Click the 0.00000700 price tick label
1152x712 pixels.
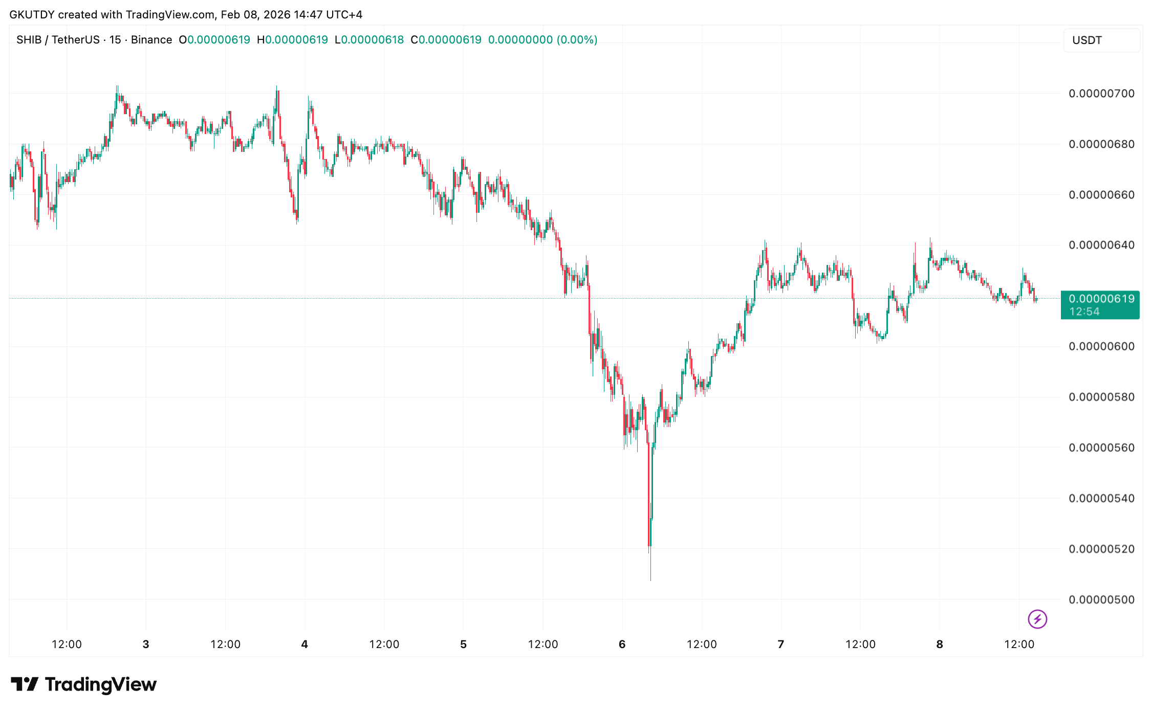[x=1101, y=94]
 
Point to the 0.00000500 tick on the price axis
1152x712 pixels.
[x=1101, y=599]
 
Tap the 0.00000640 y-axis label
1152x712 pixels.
[x=1101, y=245]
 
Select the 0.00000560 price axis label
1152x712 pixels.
[x=1101, y=448]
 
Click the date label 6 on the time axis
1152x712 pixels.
[x=622, y=644]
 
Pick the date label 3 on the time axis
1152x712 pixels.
[x=146, y=644]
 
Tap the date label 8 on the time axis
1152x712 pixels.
[x=940, y=644]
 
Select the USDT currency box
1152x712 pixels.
[x=1101, y=40]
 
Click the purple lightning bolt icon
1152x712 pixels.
[x=1037, y=619]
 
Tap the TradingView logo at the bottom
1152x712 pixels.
[x=84, y=684]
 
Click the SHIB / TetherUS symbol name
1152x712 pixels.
[x=58, y=40]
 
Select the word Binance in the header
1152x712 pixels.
[x=151, y=40]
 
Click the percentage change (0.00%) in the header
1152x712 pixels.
[x=577, y=40]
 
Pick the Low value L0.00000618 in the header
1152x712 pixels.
[x=369, y=40]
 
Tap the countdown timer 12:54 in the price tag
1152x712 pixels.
[x=1084, y=312]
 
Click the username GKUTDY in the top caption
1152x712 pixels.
[x=32, y=15]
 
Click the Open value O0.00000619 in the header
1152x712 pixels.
[x=214, y=40]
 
